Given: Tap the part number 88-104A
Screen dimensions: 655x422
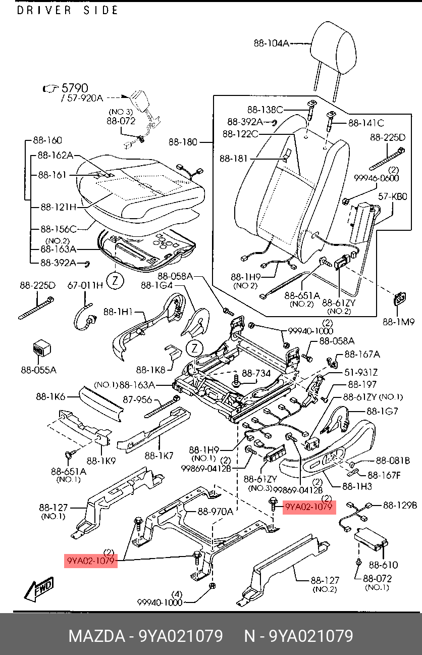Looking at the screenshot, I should [x=271, y=43].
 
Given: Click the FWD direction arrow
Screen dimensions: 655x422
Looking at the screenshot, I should [x=39, y=588].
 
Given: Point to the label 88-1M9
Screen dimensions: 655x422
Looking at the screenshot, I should [x=398, y=321].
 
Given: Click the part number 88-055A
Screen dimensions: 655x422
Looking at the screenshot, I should [x=38, y=370].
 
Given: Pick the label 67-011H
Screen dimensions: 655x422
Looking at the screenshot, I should [x=85, y=286].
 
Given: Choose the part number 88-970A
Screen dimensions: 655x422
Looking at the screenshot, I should [x=215, y=512].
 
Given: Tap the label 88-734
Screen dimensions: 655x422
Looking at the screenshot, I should [x=256, y=374].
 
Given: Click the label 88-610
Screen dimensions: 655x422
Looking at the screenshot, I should [x=383, y=565].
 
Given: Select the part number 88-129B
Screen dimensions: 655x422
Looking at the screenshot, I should [x=400, y=505].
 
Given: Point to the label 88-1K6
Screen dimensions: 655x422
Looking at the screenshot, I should [x=50, y=397].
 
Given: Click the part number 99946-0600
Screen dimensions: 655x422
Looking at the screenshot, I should [x=376, y=178].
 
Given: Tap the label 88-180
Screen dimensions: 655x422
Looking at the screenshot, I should [x=183, y=142].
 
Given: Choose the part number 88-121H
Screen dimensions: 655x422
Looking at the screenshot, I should [x=59, y=207].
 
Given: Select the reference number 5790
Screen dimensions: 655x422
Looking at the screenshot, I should [x=74, y=88].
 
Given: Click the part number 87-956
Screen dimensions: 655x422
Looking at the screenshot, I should [x=138, y=399].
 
